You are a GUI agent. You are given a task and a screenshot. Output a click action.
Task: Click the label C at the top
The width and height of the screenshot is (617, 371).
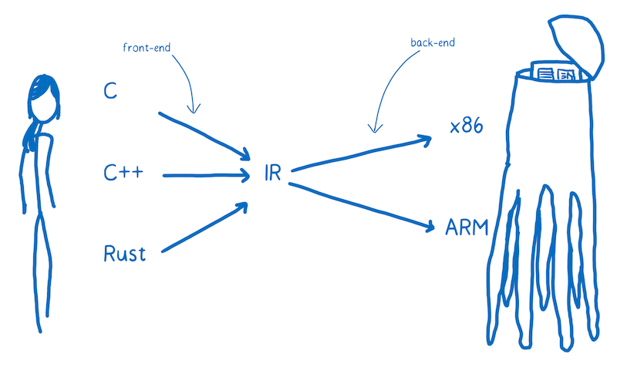tap(110, 91)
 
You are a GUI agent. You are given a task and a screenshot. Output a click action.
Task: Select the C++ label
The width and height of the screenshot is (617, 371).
tap(123, 174)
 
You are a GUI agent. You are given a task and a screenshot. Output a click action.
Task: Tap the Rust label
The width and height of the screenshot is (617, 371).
tap(124, 253)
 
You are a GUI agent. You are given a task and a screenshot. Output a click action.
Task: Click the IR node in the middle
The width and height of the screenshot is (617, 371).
tap(272, 174)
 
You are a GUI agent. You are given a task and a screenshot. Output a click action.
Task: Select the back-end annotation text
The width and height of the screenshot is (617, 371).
tap(433, 43)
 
